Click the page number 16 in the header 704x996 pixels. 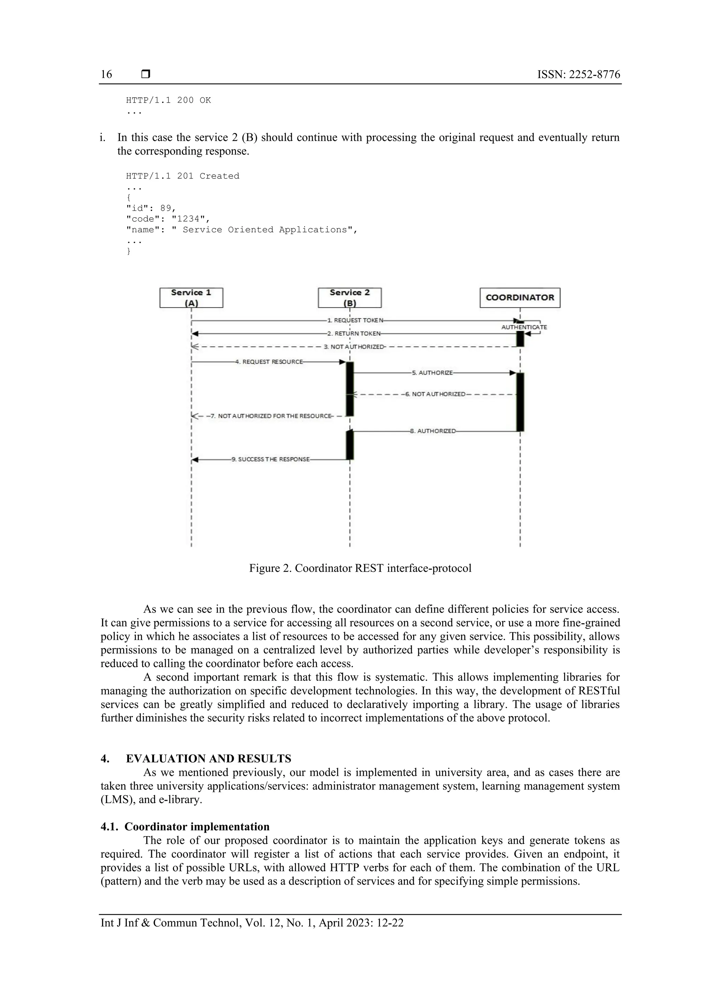[106, 75]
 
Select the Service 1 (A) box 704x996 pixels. [191, 298]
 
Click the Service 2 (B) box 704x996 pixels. [350, 298]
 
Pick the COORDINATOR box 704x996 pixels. [520, 298]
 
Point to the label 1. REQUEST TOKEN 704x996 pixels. [355, 320]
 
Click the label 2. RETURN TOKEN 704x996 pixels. [354, 333]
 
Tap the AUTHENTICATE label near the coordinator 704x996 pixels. [524, 327]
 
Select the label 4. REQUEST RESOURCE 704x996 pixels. [269, 362]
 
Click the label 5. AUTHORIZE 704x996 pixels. [432, 373]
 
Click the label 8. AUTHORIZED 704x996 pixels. [433, 431]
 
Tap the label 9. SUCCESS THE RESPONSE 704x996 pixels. [271, 459]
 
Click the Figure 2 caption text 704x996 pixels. [360, 568]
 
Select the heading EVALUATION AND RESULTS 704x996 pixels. [208, 759]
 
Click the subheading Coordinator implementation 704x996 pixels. [197, 827]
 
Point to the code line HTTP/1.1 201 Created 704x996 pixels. [183, 176]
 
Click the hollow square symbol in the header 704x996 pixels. [146, 74]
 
